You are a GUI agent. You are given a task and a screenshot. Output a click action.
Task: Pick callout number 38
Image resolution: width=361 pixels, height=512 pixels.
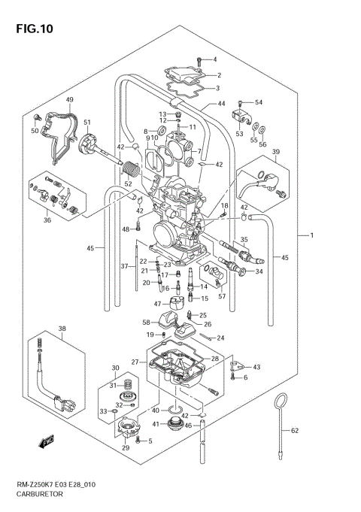[62, 329]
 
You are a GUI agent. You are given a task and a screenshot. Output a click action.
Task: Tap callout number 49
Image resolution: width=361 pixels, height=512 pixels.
[69, 100]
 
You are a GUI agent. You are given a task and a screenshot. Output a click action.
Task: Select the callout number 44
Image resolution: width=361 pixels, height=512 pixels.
[222, 104]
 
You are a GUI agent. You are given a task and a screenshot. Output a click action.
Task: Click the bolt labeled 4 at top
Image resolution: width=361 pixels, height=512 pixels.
[198, 59]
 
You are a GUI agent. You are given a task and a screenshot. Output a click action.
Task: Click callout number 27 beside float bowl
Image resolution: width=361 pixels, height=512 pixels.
[136, 362]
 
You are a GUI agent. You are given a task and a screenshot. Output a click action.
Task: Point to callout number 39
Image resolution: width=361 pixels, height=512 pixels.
[276, 152]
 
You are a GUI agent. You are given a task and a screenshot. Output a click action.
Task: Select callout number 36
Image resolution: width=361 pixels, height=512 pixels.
[47, 220]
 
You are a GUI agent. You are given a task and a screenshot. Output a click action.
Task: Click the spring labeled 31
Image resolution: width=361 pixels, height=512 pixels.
[128, 385]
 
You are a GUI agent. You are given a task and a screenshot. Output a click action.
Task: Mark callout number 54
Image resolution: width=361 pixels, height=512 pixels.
[259, 102]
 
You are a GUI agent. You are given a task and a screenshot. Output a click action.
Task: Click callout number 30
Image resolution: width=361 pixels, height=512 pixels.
[115, 368]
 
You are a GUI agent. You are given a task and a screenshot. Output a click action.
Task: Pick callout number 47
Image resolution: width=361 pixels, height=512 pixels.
[157, 304]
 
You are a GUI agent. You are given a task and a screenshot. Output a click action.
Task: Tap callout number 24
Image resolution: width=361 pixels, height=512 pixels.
[220, 338]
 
